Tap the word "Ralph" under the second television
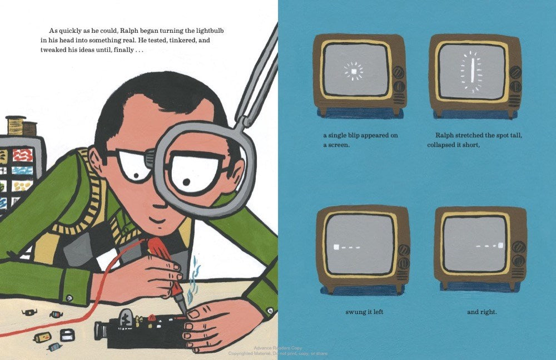click(x=444, y=135)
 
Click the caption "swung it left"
click(x=364, y=312)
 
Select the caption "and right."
click(x=482, y=312)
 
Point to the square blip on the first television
click(x=354, y=71)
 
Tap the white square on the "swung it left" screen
click(x=336, y=246)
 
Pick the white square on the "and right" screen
click(x=501, y=245)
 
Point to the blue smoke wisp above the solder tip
click(x=194, y=280)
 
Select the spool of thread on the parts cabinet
click(x=17, y=126)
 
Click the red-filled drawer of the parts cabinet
click(x=22, y=155)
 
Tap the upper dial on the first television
click(x=399, y=73)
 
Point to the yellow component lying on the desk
click(x=43, y=337)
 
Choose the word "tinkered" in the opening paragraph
click(x=183, y=40)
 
